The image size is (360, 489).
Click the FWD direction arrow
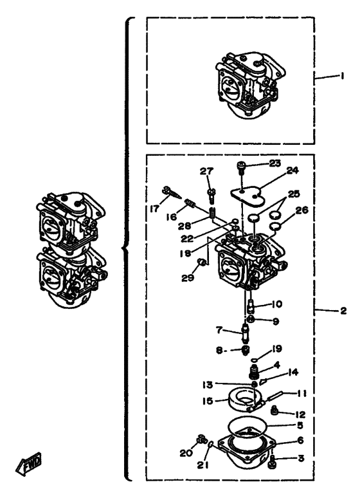coord(28,464)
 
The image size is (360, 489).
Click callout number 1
coord(342,76)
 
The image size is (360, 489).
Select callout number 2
coord(343,311)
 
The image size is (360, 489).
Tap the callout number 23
coord(275,163)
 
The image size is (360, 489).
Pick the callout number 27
coord(206,171)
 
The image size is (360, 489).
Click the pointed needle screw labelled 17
coord(171,193)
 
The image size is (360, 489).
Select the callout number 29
coord(188,277)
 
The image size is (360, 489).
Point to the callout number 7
coord(219,329)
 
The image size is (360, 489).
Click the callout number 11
coord(301,393)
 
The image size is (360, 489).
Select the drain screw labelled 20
coord(202,439)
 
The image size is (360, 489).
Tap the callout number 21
coord(203,465)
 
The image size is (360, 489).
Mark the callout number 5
coord(300,425)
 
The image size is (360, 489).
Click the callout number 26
coord(301,210)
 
